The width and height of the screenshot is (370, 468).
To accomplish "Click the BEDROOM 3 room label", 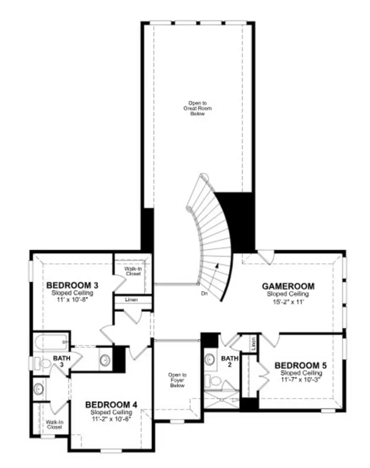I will [x=72, y=285].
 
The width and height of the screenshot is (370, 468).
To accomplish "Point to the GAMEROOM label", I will [x=288, y=286].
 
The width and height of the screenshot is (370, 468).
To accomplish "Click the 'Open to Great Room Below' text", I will [x=197, y=108].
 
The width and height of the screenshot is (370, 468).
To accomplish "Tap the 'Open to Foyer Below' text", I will [x=178, y=380].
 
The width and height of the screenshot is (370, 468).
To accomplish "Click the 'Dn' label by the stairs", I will [x=204, y=294].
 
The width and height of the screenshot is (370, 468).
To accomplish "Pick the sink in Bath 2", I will [x=210, y=359].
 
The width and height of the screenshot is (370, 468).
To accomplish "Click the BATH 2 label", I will [x=229, y=362].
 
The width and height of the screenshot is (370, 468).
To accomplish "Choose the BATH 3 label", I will [x=62, y=362].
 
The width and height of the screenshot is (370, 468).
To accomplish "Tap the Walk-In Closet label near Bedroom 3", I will [x=133, y=271].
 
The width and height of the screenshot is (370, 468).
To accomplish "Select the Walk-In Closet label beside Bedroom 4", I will [x=51, y=424].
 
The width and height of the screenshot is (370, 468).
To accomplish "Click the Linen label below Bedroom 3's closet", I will [x=132, y=300].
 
